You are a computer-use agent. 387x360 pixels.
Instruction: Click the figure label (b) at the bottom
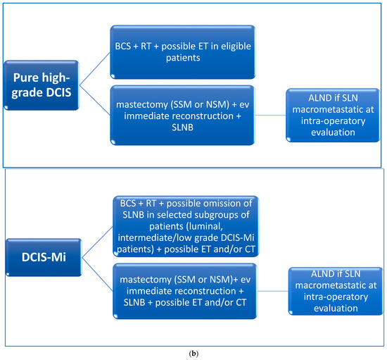tap(193, 348)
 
